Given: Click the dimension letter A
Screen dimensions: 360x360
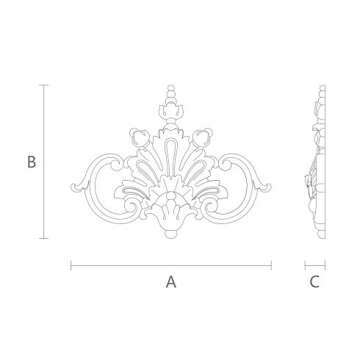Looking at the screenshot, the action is pyautogui.click(x=171, y=281).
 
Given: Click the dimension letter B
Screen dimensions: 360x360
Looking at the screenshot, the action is pyautogui.click(x=32, y=162).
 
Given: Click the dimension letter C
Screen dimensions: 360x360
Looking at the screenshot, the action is pyautogui.click(x=314, y=281).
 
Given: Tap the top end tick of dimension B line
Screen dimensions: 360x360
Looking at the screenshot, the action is pyautogui.click(x=44, y=85).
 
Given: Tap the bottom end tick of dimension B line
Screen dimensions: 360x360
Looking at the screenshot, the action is pyautogui.click(x=44, y=238).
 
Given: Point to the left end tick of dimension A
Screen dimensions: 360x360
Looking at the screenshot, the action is pyautogui.click(x=71, y=265).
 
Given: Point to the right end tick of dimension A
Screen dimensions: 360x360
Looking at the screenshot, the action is pyautogui.click(x=271, y=265).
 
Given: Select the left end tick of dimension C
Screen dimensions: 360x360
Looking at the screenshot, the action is pyautogui.click(x=305, y=265).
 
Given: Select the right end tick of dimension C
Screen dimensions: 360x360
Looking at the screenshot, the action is pyautogui.click(x=325, y=265).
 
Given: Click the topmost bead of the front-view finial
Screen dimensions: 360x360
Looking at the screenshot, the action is pyautogui.click(x=171, y=88).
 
